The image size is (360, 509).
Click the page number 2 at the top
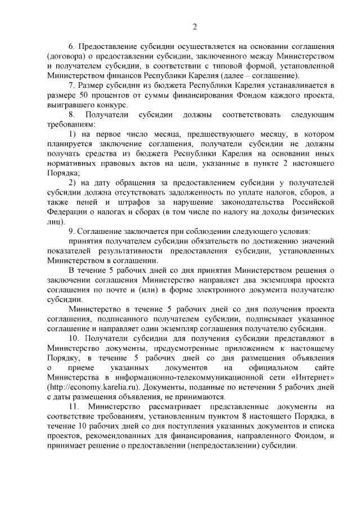pyautogui.click(x=194, y=26)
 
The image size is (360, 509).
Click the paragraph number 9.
pyautogui.click(x=71, y=231)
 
